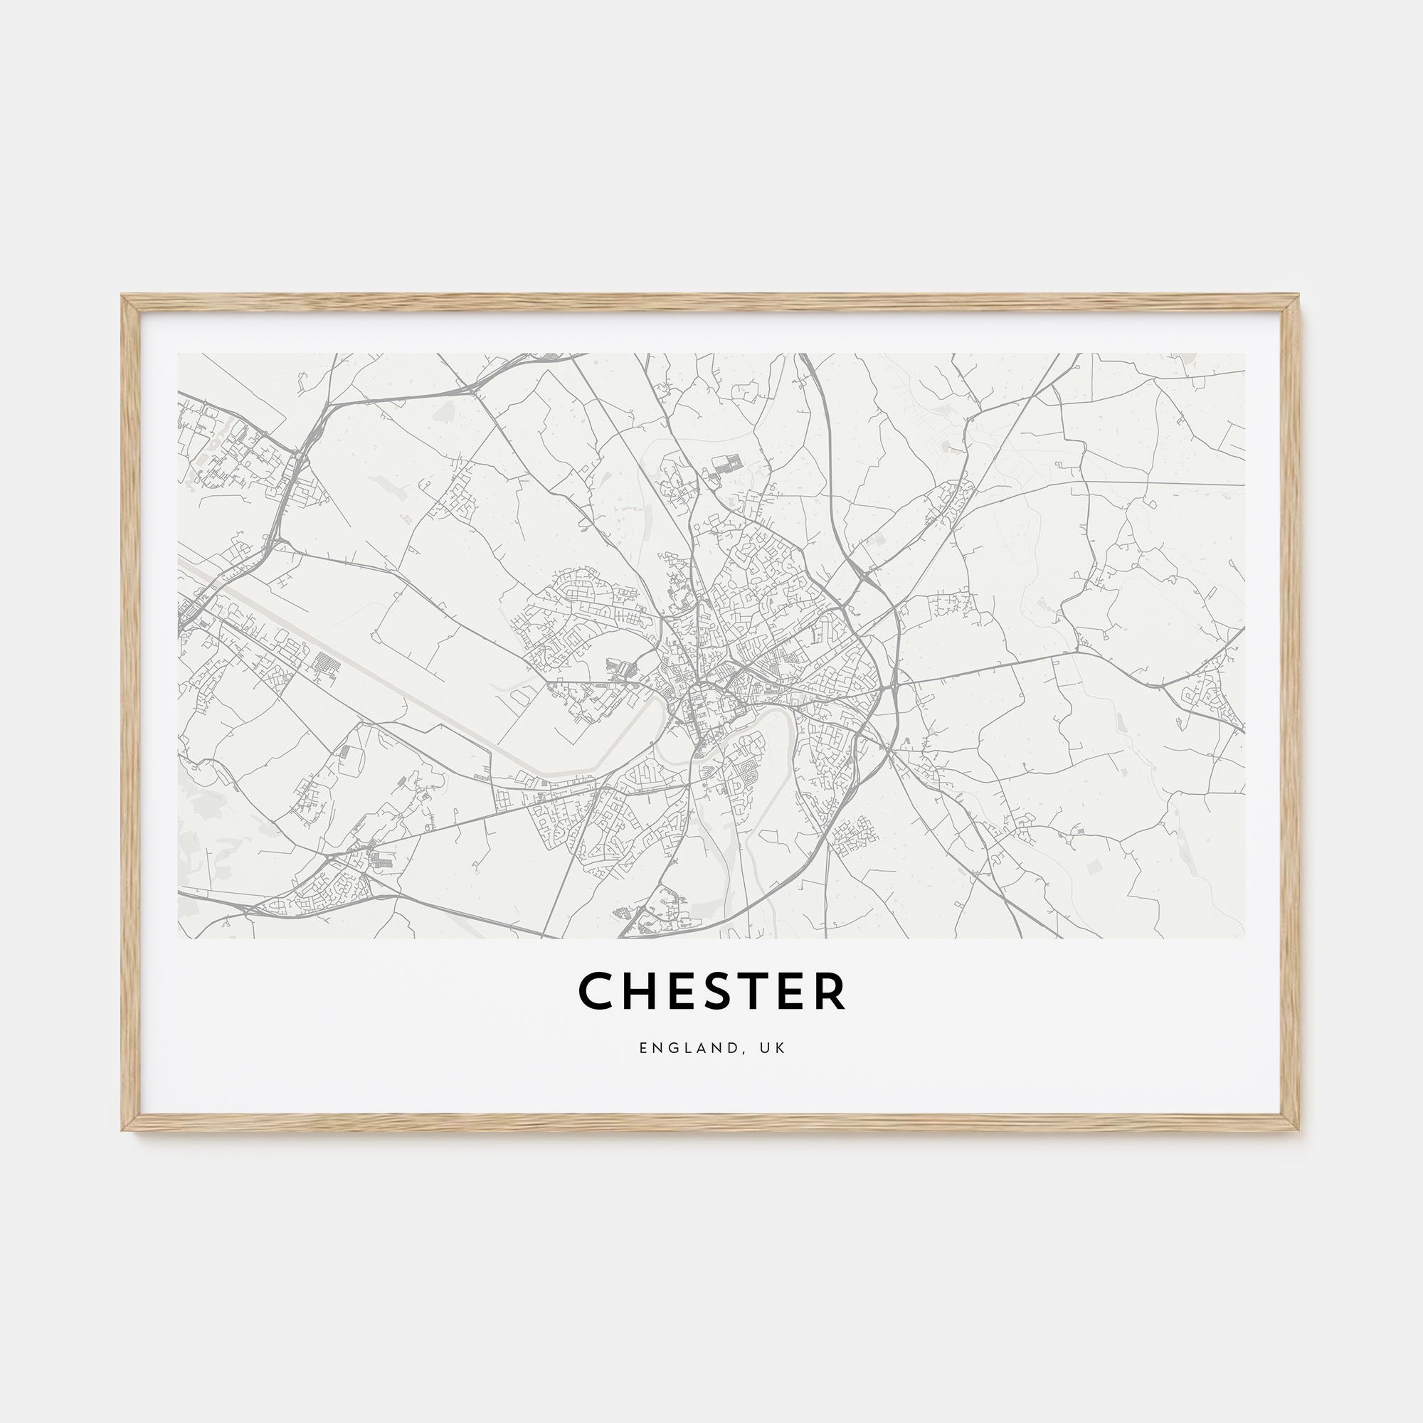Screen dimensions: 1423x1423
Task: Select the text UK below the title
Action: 775,1047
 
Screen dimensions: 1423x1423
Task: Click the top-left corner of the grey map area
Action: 179,354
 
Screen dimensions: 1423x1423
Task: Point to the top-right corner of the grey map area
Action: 1244,354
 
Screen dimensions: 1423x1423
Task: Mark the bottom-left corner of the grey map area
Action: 179,938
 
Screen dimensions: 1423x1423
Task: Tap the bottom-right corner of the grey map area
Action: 1244,938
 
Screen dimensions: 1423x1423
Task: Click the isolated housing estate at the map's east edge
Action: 1208,693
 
